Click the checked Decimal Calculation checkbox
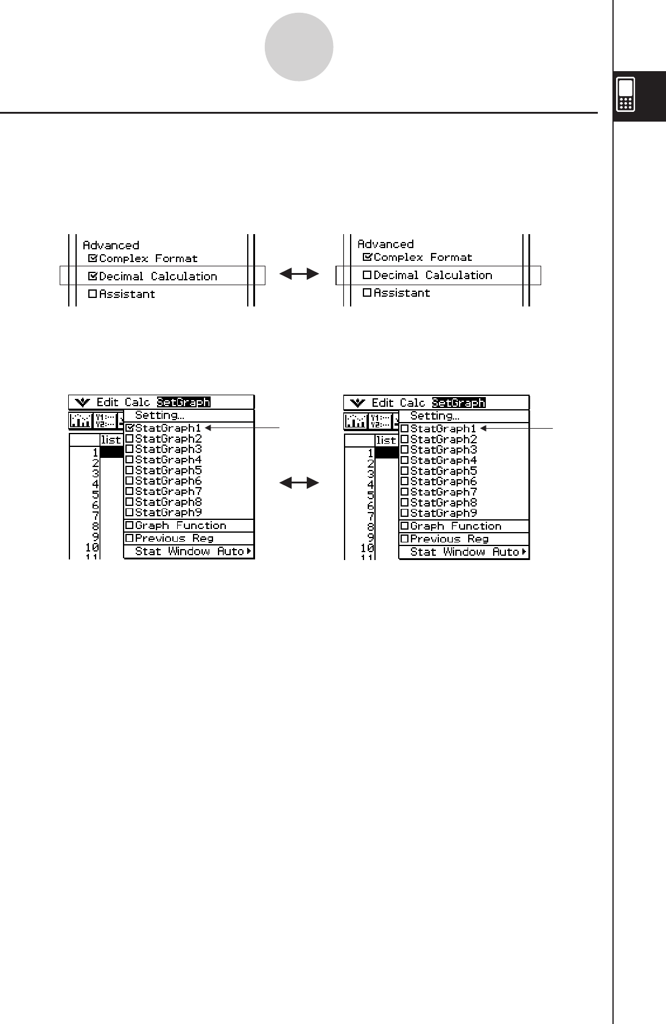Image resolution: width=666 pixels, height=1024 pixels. [93, 276]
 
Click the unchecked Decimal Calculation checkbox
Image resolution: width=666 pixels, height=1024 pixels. [367, 275]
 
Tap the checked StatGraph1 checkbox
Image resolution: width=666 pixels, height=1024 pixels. [130, 428]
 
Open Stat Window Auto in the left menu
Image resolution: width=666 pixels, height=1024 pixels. [189, 552]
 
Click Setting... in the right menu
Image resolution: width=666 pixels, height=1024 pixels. [435, 416]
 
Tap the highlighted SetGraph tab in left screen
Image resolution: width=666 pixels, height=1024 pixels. [183, 402]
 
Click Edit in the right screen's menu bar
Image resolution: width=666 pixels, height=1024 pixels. [382, 403]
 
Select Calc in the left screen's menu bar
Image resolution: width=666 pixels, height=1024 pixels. [137, 402]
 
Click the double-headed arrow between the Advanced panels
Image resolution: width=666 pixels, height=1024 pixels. [299, 275]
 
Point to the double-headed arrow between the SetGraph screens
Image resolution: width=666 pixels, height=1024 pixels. [299, 483]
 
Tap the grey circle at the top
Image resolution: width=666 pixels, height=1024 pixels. [299, 47]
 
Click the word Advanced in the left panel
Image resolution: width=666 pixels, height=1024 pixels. [111, 245]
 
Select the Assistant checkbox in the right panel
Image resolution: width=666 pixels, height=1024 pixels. [367, 292]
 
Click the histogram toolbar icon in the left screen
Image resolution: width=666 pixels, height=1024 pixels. [81, 421]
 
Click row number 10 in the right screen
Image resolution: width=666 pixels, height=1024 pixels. [367, 548]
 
